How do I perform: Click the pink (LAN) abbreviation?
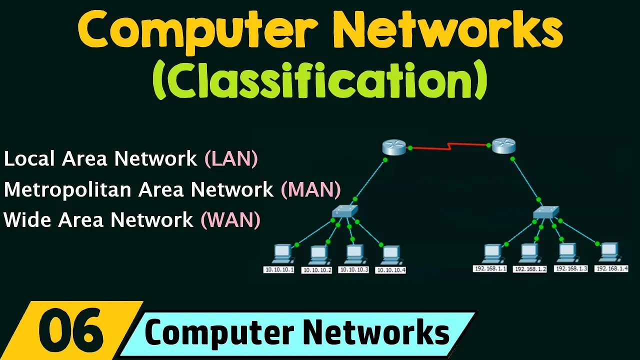[231, 159]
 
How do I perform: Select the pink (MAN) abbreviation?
[310, 189]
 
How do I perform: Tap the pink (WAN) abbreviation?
[230, 220]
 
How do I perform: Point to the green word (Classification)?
[320, 79]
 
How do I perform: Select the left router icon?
[394, 147]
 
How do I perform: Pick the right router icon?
[503, 146]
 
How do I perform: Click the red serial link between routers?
[448, 146]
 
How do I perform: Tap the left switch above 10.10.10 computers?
[344, 211]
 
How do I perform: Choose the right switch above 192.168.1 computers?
[545, 212]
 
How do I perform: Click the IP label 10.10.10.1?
[278, 269]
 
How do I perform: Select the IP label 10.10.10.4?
[390, 270]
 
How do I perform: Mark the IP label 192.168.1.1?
[490, 268]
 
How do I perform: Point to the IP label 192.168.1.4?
[611, 268]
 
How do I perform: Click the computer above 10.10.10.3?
[354, 254]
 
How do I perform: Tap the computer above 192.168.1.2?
[529, 253]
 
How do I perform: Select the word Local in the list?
[29, 159]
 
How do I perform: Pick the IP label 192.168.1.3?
[571, 268]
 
